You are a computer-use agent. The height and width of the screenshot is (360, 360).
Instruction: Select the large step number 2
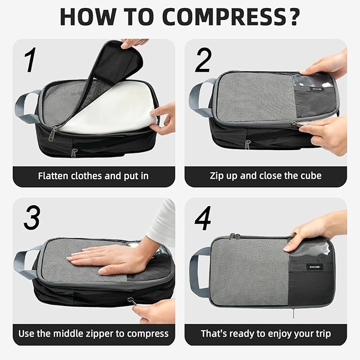click(203, 61)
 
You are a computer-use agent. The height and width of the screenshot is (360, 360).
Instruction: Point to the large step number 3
click(31, 217)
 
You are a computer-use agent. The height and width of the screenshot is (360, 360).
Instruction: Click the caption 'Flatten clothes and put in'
click(93, 175)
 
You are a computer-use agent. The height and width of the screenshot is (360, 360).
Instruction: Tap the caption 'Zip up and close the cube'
click(266, 175)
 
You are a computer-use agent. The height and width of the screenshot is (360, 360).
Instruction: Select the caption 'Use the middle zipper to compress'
click(93, 333)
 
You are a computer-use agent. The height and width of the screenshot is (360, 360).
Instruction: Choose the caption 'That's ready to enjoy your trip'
click(266, 333)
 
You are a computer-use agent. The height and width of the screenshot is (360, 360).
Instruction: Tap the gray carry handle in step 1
click(27, 107)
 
